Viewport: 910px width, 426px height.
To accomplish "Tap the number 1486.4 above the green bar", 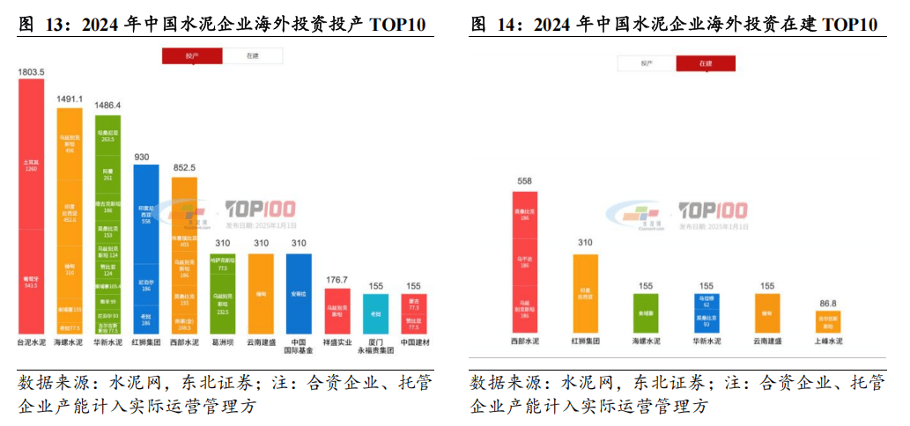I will [107, 105].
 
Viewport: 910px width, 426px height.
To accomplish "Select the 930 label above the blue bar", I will [146, 157].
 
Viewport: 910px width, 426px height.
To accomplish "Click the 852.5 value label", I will [184, 167].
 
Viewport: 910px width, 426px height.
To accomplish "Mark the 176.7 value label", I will [337, 280].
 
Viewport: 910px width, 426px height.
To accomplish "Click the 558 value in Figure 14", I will [524, 181].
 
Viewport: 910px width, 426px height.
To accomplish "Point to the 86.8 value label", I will [829, 300].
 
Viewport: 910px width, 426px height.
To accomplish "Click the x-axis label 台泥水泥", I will [32, 341].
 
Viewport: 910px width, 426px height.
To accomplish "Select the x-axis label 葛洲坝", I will [222, 341].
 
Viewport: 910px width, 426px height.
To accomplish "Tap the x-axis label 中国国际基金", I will [299, 346].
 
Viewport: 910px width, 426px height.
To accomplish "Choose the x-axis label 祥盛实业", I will [337, 341].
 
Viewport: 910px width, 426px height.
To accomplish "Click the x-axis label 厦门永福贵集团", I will [375, 346].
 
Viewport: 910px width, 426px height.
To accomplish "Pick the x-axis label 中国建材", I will [413, 341].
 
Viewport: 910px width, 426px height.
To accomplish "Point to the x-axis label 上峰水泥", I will [829, 341].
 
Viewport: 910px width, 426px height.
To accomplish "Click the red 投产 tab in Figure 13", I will [192, 55].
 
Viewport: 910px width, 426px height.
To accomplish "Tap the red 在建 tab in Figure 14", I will [706, 63].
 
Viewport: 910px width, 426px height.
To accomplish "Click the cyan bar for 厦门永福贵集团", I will [375, 312].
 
